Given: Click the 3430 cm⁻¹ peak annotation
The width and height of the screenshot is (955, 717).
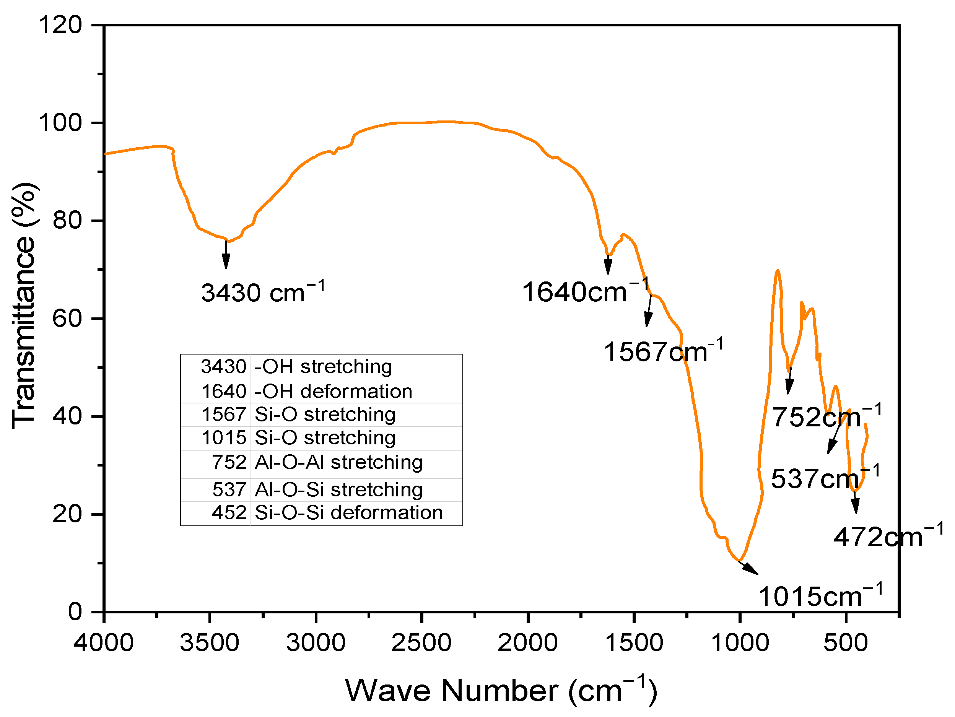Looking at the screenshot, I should click(262, 293).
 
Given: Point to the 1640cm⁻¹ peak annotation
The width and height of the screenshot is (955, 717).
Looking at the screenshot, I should click(586, 292).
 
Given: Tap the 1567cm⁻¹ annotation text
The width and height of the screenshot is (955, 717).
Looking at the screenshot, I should click(663, 351).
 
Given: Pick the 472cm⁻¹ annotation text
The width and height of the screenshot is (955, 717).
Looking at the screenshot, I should click(888, 537).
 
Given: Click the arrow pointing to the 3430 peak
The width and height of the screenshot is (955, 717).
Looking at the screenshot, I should click(226, 255).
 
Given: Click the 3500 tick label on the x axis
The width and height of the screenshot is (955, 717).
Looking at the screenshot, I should click(209, 643).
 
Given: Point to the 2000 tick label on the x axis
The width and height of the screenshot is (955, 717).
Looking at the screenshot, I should click(527, 643).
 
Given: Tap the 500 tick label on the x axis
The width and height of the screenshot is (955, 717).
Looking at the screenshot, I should click(845, 643).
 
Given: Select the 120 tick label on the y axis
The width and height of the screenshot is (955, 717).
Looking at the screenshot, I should click(60, 24).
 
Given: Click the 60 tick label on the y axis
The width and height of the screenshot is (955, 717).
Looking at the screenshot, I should click(67, 319).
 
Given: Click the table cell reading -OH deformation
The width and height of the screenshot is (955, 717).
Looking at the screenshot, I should click(333, 392).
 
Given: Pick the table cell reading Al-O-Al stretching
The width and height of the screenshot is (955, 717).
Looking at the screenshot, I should click(338, 462).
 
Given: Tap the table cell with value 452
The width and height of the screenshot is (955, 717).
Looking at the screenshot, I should click(229, 513).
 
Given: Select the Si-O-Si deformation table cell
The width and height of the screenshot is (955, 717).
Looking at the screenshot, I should click(349, 513).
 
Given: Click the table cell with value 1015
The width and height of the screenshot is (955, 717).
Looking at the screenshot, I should click(224, 438).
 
